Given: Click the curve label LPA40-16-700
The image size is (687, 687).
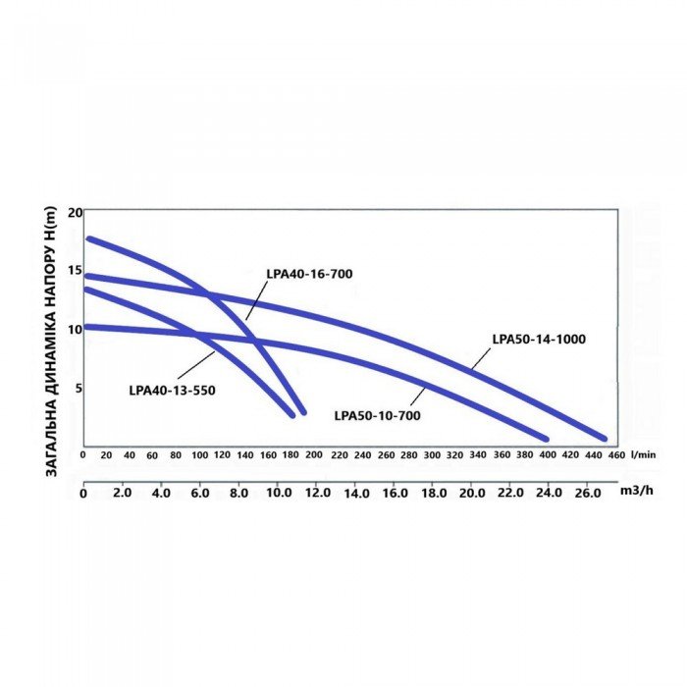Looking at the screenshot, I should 308,275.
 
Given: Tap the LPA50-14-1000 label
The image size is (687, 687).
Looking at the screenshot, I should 539,339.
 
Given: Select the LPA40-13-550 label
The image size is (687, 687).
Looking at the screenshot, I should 172,390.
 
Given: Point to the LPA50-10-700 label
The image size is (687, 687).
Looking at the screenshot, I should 377,415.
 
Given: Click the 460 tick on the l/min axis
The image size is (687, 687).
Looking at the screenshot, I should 617,455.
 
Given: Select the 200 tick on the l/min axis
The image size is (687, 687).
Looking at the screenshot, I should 316,455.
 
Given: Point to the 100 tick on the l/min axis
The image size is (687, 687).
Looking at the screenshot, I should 200,455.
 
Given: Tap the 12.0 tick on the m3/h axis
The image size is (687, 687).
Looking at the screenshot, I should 317,493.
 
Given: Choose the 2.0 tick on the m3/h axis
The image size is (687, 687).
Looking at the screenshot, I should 123,493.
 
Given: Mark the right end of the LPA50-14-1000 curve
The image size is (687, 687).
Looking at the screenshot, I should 604,439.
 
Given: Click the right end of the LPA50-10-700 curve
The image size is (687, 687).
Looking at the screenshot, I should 545,438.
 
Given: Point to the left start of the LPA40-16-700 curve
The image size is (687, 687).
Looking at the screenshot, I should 89,238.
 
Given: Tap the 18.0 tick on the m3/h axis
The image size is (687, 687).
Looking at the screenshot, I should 434,493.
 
